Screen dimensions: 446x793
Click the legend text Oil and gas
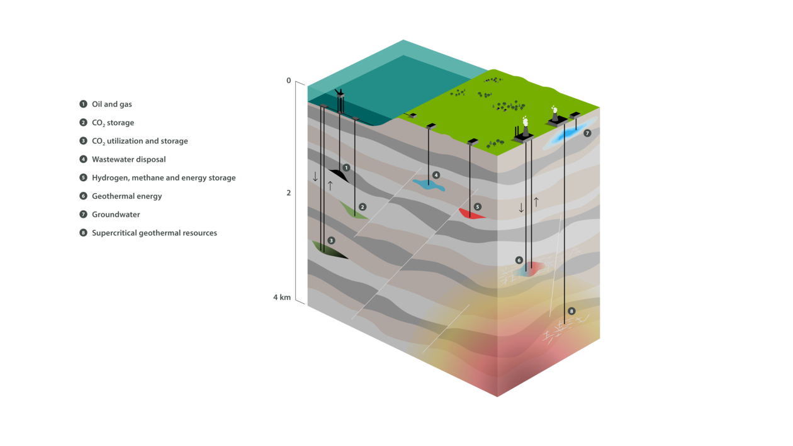(x=112, y=104)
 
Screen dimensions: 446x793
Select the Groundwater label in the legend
(x=116, y=215)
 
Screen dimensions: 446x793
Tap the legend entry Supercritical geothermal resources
(x=154, y=233)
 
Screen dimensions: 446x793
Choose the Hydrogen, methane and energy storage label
(x=164, y=178)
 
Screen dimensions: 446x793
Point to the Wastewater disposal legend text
(x=129, y=160)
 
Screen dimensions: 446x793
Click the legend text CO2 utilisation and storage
(x=140, y=142)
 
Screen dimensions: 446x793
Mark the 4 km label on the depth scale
(x=282, y=298)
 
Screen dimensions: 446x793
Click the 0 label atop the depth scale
(x=288, y=81)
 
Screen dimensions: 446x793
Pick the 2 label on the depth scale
(x=288, y=192)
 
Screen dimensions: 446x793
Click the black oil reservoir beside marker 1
(x=339, y=174)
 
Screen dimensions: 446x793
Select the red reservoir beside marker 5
(x=471, y=214)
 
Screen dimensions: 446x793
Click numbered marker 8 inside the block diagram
(x=571, y=311)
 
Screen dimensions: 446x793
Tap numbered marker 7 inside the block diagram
(x=587, y=133)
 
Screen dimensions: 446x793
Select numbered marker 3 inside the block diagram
(x=331, y=241)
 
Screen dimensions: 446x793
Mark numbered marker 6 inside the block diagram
(x=519, y=260)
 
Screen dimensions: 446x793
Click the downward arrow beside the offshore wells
(x=315, y=177)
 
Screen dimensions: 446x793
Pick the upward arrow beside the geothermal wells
(x=536, y=202)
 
